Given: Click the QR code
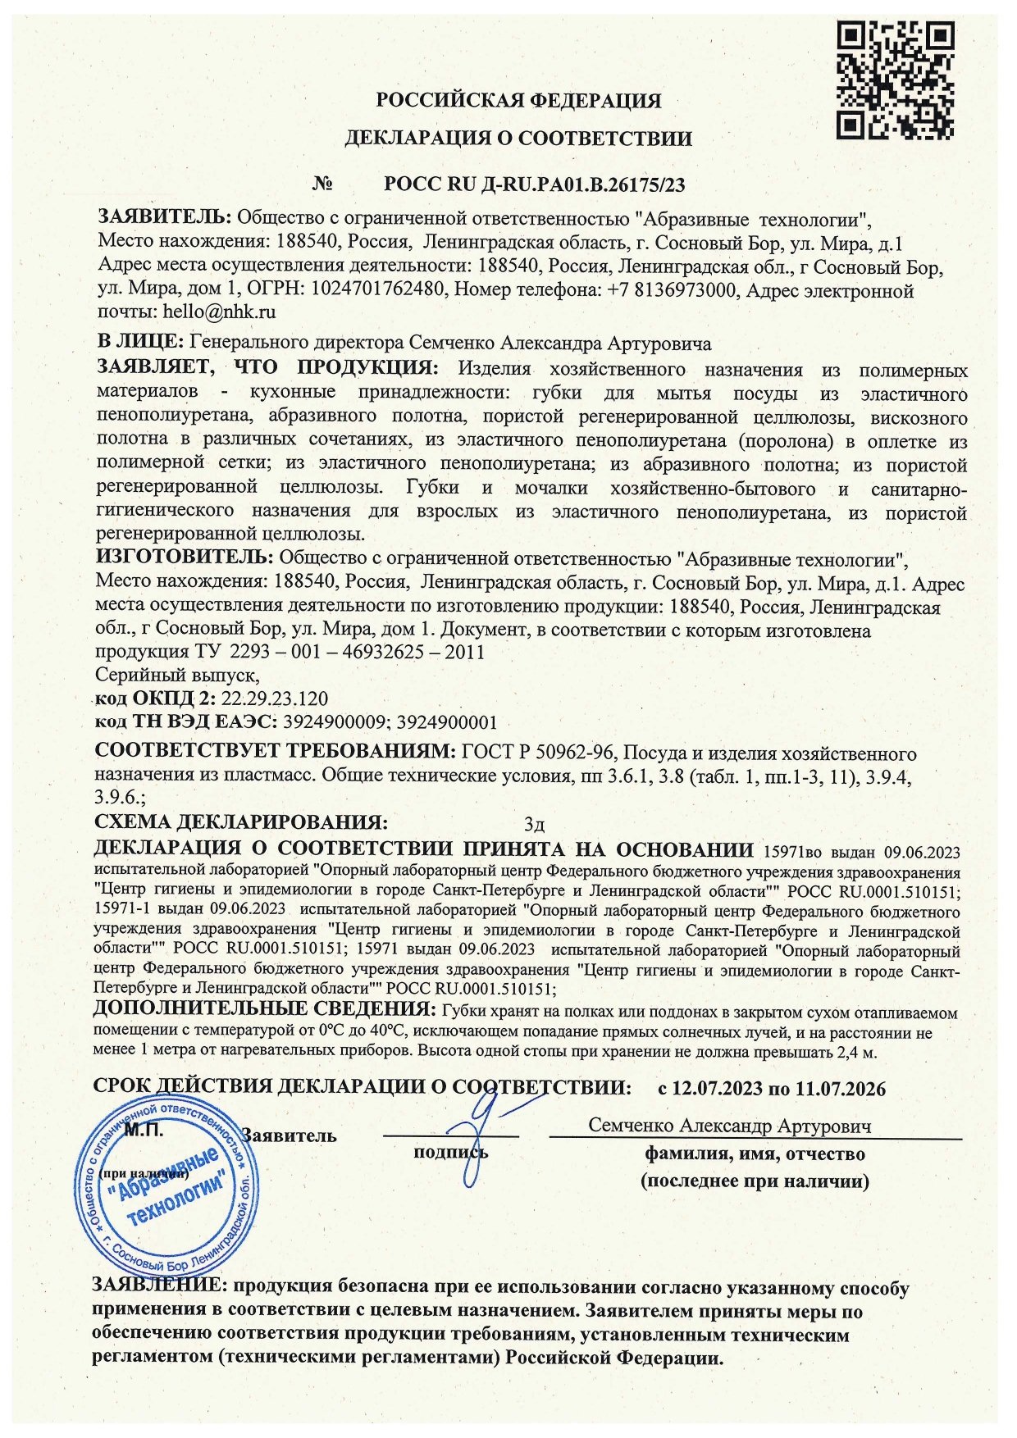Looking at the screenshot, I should click(x=896, y=80).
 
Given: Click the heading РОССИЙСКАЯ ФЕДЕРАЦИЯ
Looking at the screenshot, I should click(x=518, y=101).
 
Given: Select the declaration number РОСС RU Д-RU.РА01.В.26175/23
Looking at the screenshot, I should click(x=534, y=184).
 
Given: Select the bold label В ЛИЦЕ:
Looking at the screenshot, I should click(x=140, y=342).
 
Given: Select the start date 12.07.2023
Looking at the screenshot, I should click(x=714, y=1089).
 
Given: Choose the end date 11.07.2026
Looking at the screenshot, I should click(x=841, y=1089).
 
